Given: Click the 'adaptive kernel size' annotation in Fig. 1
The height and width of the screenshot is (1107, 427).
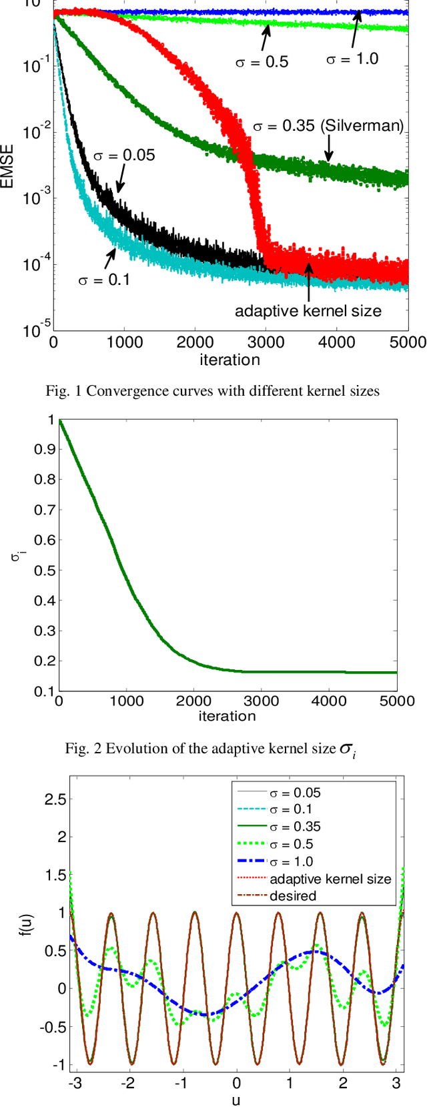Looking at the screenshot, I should (x=308, y=310).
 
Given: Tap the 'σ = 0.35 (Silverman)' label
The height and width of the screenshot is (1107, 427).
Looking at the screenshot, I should (x=328, y=126).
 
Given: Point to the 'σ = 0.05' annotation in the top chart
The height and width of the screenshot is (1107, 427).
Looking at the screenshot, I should (x=123, y=155).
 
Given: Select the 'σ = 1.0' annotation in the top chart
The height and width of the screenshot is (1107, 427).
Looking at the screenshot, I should (x=352, y=59).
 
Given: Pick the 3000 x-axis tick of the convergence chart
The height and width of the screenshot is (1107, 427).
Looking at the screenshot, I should (x=265, y=342).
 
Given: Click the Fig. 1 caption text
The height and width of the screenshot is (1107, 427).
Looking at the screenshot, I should (x=212, y=391).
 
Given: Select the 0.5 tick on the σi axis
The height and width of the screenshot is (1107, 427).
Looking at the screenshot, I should (x=44, y=571).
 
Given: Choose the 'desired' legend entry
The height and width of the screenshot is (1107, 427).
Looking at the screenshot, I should (x=293, y=895).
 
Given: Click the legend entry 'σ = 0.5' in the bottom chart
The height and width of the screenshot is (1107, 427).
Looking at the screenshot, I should (x=291, y=844).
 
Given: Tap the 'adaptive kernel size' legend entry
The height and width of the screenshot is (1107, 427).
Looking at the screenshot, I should (x=330, y=879).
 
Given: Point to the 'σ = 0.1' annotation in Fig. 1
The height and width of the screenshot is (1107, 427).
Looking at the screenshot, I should (x=104, y=280).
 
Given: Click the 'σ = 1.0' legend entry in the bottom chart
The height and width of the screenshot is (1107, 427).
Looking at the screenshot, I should (x=291, y=861).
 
